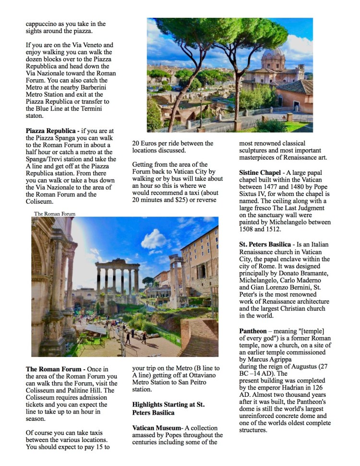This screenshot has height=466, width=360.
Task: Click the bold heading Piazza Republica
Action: click(x=51, y=130)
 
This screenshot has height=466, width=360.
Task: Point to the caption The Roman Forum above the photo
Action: click(x=55, y=214)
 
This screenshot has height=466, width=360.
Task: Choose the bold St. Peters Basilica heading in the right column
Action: click(x=265, y=244)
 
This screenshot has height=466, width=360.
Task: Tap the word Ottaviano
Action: click(x=202, y=375)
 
